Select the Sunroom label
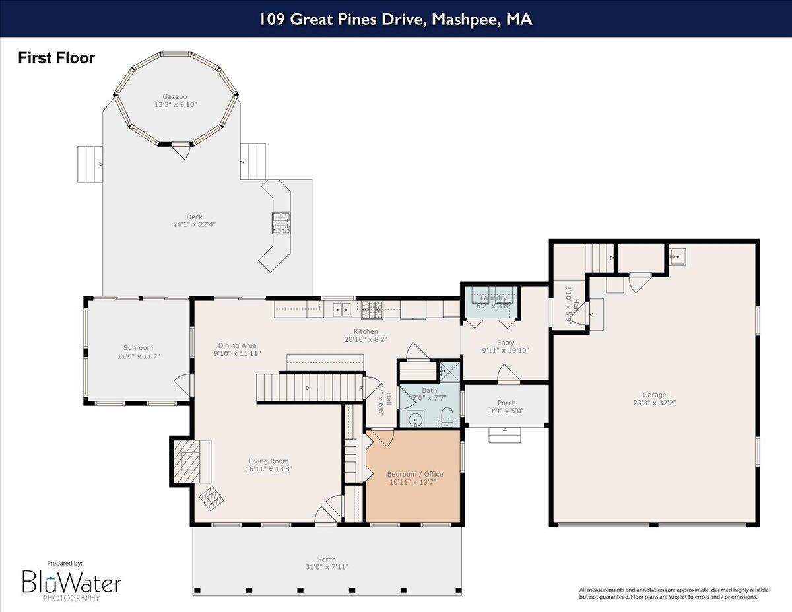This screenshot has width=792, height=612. (x=138, y=347)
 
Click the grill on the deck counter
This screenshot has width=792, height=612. (x=282, y=222)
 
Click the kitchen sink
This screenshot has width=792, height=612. (x=341, y=308)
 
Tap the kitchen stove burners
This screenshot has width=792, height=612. (x=372, y=307)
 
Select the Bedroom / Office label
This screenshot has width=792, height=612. (x=414, y=474)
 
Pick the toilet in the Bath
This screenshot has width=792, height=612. (x=447, y=416)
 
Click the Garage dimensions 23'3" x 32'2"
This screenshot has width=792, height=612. (x=655, y=402)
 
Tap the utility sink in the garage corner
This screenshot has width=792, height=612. (x=677, y=255)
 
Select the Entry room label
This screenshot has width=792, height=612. (x=506, y=342)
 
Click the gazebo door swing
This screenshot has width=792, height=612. (x=179, y=151)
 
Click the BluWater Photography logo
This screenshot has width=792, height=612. (x=71, y=584)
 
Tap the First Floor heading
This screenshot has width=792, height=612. (x=56, y=58)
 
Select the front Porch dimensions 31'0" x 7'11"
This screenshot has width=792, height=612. (x=327, y=567)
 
